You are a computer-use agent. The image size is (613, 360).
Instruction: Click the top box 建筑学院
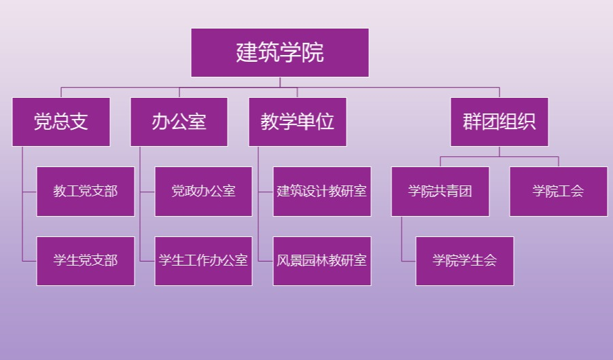point(279,52)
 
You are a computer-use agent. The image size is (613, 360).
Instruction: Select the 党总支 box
point(61,122)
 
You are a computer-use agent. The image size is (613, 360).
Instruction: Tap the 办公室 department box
point(179,122)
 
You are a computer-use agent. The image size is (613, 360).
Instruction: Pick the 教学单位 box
point(298,122)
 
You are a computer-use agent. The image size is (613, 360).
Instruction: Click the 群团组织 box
point(499,122)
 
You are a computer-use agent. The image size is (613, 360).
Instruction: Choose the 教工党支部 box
point(86,192)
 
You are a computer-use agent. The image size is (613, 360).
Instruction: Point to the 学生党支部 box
point(86,261)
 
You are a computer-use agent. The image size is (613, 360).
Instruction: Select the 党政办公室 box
point(204,192)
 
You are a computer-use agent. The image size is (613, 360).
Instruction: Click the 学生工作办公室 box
point(204,261)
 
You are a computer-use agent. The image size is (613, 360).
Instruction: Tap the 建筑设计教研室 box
point(322,192)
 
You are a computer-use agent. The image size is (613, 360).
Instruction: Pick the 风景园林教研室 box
point(322,261)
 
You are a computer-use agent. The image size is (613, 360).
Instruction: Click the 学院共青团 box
point(440,192)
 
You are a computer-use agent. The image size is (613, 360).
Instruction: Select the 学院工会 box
point(558,192)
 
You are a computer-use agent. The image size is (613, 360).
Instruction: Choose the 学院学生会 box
point(465,261)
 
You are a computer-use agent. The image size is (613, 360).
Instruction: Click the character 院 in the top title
point(313,52)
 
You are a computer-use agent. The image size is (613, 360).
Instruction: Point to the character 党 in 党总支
point(43,122)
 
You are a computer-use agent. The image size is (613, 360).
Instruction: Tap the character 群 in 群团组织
point(472,122)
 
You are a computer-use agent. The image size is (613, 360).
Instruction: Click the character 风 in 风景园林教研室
point(283,261)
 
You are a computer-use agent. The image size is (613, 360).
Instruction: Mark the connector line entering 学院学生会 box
point(408,261)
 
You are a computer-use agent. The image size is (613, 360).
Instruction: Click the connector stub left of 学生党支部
point(29,261)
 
